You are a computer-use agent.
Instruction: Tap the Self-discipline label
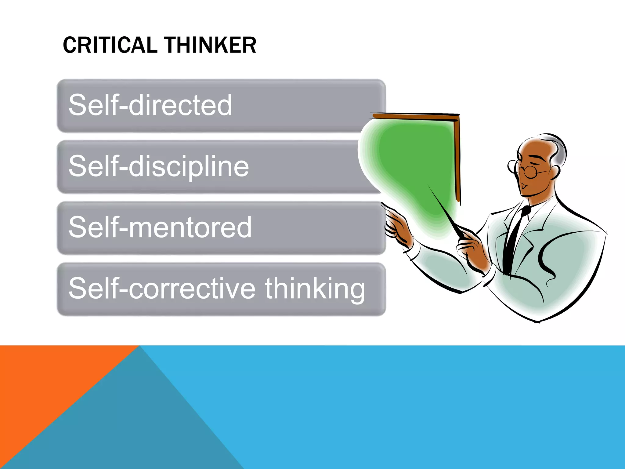pos(159,166)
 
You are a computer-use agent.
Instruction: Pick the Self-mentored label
pos(160,227)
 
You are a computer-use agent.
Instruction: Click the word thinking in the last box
pos(314,289)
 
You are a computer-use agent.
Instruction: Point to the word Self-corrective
pos(162,288)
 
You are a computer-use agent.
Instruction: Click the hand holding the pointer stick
pos(473,247)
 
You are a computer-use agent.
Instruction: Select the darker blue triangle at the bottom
pos(137,427)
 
